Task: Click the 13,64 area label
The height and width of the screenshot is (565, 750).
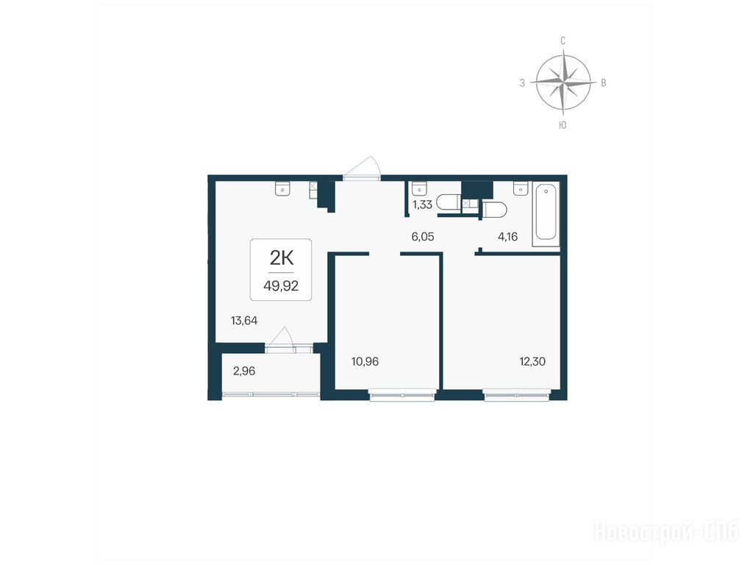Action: tap(244, 321)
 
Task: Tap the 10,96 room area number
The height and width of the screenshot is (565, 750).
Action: tap(365, 362)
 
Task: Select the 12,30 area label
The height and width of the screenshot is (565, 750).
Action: tap(532, 362)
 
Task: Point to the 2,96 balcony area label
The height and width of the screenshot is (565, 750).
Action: tap(244, 372)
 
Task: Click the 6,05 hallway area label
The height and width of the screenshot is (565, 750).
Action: tap(423, 236)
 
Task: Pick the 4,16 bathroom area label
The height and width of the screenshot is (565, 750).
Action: tap(508, 236)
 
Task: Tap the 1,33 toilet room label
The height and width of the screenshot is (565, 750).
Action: tap(423, 205)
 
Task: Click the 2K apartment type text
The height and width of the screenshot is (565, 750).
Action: tap(282, 258)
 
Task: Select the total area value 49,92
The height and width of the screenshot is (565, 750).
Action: tap(281, 286)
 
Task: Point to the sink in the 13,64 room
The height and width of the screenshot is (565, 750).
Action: tap(282, 188)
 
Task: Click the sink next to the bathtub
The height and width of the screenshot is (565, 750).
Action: tap(521, 188)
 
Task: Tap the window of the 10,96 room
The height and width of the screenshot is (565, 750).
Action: tap(402, 396)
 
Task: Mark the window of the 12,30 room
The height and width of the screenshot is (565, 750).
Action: tap(518, 396)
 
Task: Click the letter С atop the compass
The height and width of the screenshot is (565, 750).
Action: tap(563, 41)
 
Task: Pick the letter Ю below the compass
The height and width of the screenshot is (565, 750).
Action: tap(563, 125)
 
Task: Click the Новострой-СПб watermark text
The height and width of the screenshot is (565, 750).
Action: tap(666, 532)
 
